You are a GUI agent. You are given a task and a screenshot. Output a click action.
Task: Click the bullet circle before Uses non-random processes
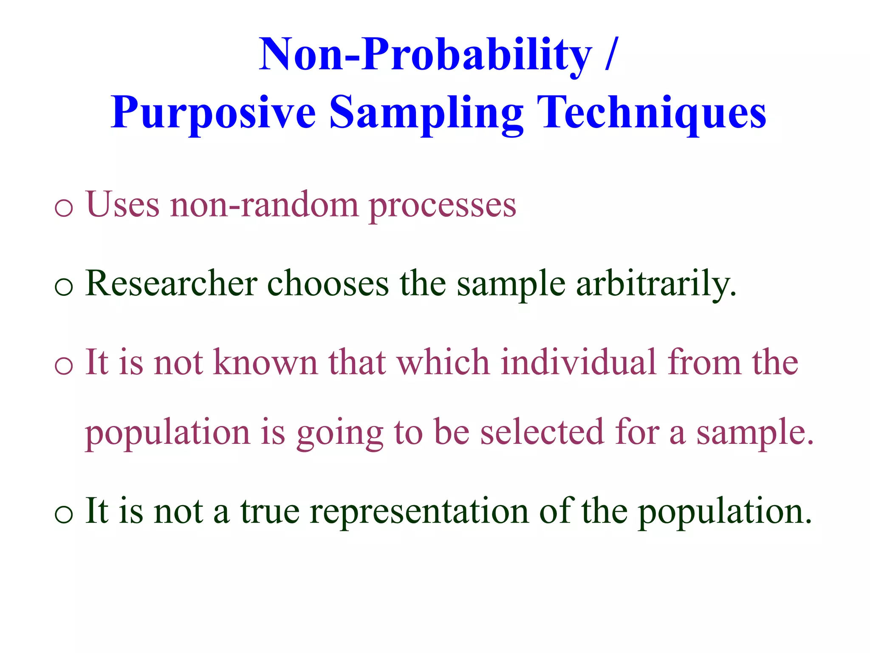(x=64, y=208)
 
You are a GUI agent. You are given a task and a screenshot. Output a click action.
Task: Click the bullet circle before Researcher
(x=64, y=287)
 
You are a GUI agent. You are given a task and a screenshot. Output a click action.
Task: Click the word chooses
(x=328, y=283)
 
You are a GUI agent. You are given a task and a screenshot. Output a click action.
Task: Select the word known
(x=265, y=362)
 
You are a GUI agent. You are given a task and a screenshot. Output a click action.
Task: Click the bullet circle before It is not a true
(x=64, y=514)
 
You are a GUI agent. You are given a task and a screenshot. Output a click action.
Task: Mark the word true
(x=270, y=511)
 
